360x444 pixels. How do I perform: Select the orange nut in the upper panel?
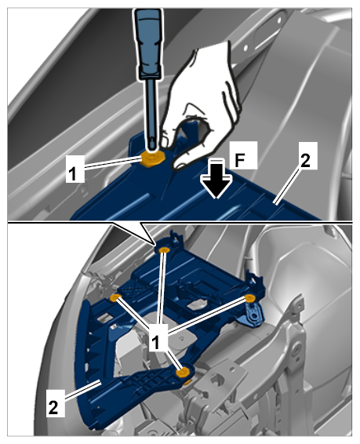[153, 158]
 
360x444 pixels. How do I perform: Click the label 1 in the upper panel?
[75, 169]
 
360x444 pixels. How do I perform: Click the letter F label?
[243, 155]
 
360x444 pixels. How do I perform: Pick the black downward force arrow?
[216, 179]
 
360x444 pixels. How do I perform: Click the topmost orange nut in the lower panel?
[164, 250]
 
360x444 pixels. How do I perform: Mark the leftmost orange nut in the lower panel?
[115, 297]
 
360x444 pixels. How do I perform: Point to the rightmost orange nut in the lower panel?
[249, 298]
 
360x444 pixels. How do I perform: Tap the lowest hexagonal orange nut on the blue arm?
[183, 372]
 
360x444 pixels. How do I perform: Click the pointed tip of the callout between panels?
[155, 244]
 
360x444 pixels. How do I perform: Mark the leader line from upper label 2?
[288, 185]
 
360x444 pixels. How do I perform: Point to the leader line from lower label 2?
[82, 391]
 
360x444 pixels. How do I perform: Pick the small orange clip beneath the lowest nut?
[187, 384]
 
